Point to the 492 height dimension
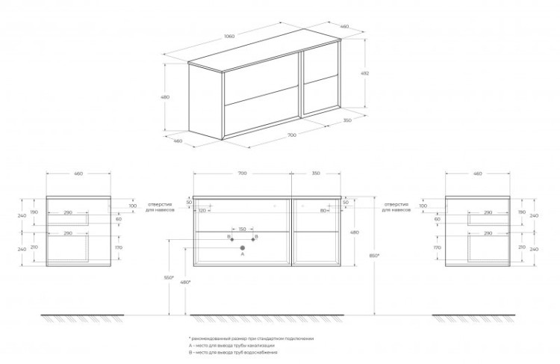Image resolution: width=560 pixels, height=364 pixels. (366, 73)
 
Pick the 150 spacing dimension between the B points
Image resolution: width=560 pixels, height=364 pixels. (242, 229)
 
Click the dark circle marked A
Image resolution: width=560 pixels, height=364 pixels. (242, 246)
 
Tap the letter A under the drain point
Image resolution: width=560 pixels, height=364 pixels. (242, 255)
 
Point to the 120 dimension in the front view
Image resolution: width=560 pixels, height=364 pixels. (202, 211)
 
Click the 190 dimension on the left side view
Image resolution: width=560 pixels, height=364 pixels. (34, 212)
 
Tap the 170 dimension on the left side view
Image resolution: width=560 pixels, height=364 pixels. (119, 247)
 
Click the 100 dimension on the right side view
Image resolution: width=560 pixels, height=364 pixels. (424, 206)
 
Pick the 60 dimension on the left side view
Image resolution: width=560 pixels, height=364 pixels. (118, 219)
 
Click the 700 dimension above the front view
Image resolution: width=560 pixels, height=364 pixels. (242, 173)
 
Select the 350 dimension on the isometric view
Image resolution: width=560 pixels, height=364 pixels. (348, 120)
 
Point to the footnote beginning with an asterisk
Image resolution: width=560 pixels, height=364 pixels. (251, 339)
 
